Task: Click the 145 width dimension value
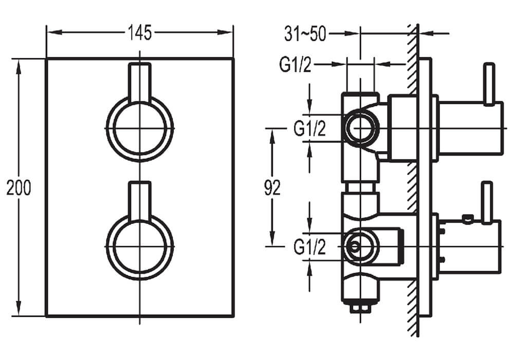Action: (x=140, y=33)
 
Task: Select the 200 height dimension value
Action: (x=19, y=188)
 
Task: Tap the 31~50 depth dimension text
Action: (x=305, y=34)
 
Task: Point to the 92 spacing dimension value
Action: (x=272, y=188)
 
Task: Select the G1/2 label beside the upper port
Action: (x=310, y=129)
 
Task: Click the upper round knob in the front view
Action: (x=140, y=128)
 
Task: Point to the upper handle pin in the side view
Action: (x=489, y=82)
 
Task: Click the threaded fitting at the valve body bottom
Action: (x=359, y=307)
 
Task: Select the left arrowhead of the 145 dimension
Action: (x=51, y=33)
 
